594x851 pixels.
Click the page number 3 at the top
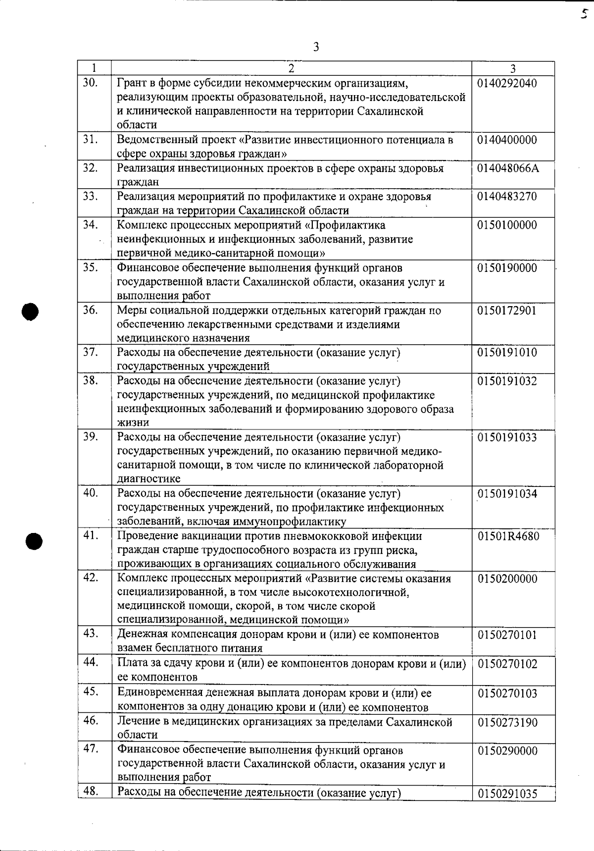coord(316,48)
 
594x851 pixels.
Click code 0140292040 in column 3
coord(507,83)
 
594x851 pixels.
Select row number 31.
coord(90,139)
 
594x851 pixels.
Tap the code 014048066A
coord(508,168)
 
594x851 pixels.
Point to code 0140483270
coord(507,197)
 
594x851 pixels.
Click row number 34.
coord(90,225)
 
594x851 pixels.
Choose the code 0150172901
coord(507,311)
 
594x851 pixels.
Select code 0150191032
coord(507,381)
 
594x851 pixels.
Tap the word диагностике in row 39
coord(148,479)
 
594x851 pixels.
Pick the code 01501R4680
coord(508,536)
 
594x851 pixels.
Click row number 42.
coord(90,578)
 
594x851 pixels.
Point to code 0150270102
coord(507,664)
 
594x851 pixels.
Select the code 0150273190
coord(507,723)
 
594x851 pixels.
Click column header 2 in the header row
coord(292,68)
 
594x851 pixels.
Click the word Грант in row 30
coord(131,83)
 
